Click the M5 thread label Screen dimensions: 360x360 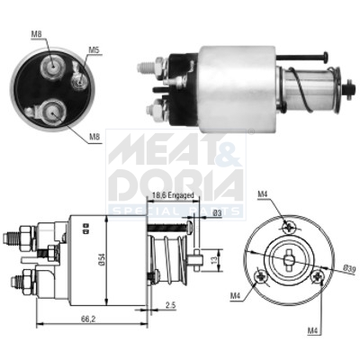tap(94, 50)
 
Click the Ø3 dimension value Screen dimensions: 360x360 tap(217, 212)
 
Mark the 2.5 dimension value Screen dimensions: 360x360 tap(172, 308)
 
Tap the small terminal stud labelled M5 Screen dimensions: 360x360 tap(78, 79)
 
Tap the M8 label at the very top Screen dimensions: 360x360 tap(37, 34)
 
